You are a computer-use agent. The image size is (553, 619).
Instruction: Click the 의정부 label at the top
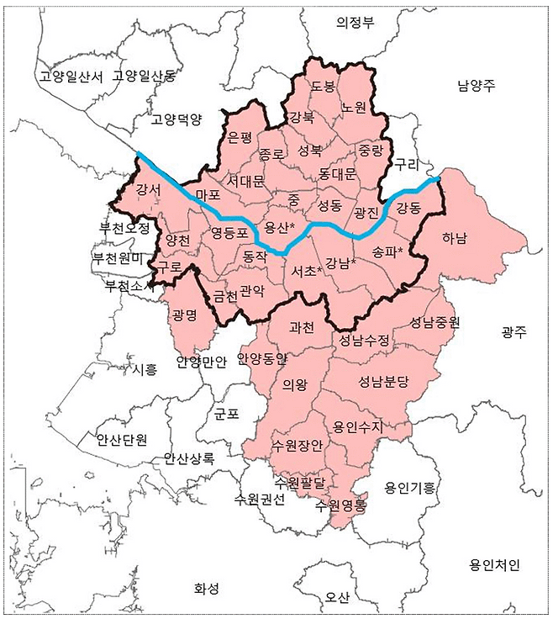pos(355,23)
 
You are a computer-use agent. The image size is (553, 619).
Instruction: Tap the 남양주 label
pos(477,85)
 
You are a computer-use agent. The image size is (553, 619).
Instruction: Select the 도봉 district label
pos(323,86)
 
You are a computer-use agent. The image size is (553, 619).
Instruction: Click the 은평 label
pos(240,136)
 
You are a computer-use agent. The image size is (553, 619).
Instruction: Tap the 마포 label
pos(207,195)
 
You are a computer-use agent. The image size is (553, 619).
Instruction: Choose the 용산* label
pos(280,228)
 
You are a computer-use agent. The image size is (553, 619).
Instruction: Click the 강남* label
pos(341,262)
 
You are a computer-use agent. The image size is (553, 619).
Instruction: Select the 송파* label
pos(387,251)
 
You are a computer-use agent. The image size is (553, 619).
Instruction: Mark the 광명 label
pos(183,315)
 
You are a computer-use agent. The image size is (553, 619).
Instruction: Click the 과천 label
pos(300,328)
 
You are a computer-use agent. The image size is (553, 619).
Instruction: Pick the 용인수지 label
pos(357,426)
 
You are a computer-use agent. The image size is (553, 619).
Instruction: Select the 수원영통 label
pos(340,505)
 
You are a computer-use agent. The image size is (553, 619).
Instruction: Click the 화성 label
pos(206,588)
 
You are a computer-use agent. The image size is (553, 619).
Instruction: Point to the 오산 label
pos(337,596)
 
